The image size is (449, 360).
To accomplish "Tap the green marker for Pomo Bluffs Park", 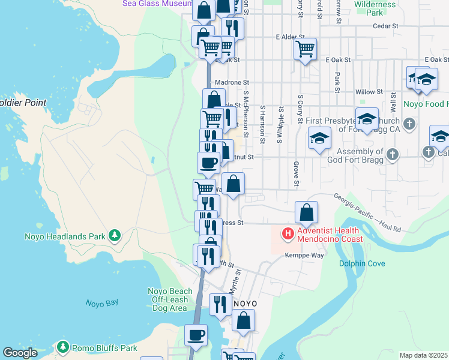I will [x=63, y=347].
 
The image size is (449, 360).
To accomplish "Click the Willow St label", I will [x=369, y=92].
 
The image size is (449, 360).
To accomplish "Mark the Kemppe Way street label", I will [x=309, y=255].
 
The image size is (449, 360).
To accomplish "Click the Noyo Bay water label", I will [x=101, y=303].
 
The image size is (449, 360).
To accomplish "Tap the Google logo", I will [x=20, y=353].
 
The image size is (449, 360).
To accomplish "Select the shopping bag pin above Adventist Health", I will [x=306, y=212].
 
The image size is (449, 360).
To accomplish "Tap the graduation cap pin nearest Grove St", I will [x=320, y=137].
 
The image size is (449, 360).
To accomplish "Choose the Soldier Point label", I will [x=23, y=103].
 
